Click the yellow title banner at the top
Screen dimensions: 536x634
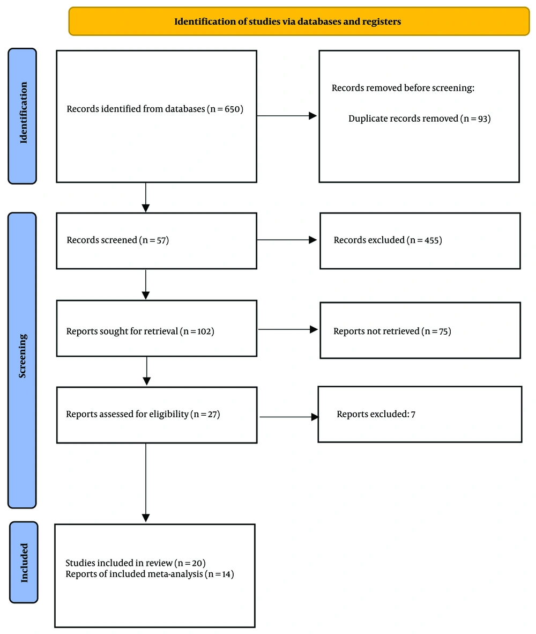click(299, 21)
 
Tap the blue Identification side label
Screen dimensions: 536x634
click(23, 116)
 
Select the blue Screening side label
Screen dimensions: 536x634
click(22, 360)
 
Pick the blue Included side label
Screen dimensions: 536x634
click(24, 563)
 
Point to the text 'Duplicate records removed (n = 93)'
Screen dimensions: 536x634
click(419, 119)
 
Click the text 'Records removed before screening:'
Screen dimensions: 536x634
click(403, 88)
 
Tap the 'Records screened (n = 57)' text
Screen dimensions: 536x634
click(117, 240)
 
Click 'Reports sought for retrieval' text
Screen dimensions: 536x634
click(122, 331)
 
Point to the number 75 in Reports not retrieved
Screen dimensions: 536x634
click(443, 331)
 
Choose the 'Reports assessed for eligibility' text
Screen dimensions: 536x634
click(127, 414)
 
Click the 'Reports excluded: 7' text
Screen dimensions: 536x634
click(376, 414)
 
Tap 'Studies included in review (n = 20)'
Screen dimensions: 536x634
click(136, 563)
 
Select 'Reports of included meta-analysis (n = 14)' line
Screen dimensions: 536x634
click(150, 574)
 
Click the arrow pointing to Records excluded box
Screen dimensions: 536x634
click(287, 240)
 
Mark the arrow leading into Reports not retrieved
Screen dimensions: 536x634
click(288, 329)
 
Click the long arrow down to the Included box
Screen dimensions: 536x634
click(146, 483)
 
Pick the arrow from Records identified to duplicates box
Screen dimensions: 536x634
click(287, 116)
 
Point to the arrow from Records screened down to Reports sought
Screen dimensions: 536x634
click(146, 285)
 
